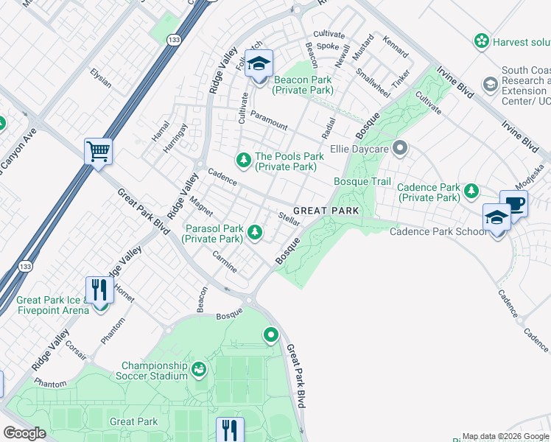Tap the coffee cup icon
pyautogui.click(x=513, y=203)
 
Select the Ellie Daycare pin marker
pyautogui.click(x=400, y=149)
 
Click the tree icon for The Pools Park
pyautogui.click(x=243, y=160)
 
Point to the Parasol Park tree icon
pyautogui.click(x=255, y=233)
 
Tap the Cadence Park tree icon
pyautogui.click(x=471, y=192)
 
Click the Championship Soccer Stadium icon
pyautogui.click(x=198, y=369)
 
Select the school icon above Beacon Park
pyautogui.click(x=259, y=64)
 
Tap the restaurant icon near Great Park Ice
pyautogui.click(x=99, y=290)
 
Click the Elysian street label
pyautogui.click(x=99, y=78)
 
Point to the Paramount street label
pyautogui.click(x=268, y=119)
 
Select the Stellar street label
pyautogui.click(x=289, y=218)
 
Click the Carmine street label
pyautogui.click(x=225, y=263)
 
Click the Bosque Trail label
pyautogui.click(x=362, y=181)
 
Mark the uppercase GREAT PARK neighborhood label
pyautogui.click(x=328, y=211)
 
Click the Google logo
pyautogui.click(x=24, y=433)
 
